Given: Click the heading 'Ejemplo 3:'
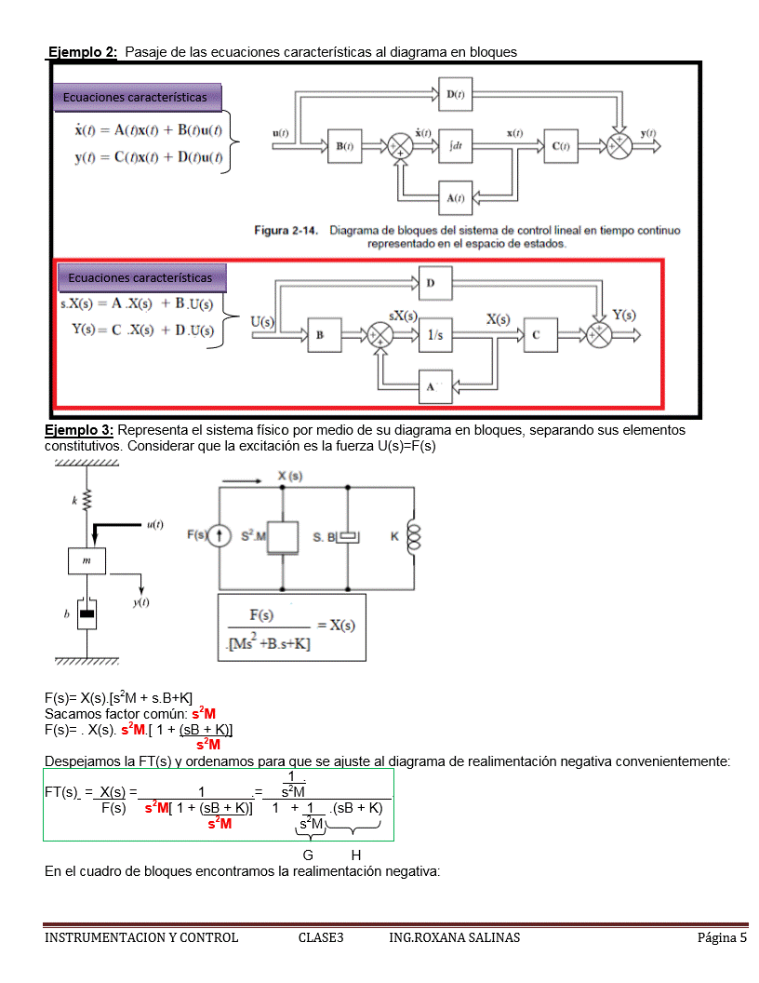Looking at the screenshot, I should click(x=79, y=430).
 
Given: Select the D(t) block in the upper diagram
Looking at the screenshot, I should click(x=456, y=94).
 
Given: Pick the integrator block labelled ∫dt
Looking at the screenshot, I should click(x=456, y=146).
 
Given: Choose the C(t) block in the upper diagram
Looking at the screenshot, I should click(x=561, y=146).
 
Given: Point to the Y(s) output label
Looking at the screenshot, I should click(x=624, y=315).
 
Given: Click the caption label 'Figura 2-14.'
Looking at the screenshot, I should click(x=286, y=230).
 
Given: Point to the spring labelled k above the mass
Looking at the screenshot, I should click(x=87, y=501).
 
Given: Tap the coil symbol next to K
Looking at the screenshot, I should click(x=414, y=537).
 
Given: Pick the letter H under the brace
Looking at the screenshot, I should click(x=355, y=855).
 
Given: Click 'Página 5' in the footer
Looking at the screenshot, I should click(x=722, y=937).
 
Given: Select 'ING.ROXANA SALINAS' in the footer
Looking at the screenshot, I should click(x=454, y=937).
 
